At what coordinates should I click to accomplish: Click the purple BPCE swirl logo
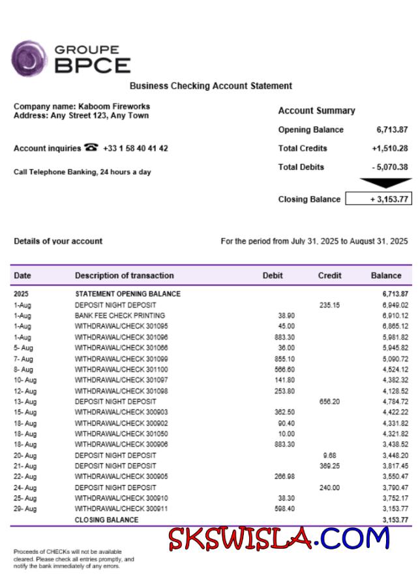pyautogui.click(x=29, y=59)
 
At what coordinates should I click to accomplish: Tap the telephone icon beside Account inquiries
pyautogui.click(x=91, y=148)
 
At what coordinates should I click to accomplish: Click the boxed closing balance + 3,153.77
pyautogui.click(x=379, y=199)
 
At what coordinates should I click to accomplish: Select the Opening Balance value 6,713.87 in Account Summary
pyautogui.click(x=392, y=130)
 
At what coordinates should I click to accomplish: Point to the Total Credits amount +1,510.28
pyautogui.click(x=390, y=149)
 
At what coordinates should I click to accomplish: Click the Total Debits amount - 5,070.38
pyautogui.click(x=390, y=167)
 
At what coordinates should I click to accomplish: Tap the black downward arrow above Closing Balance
pyautogui.click(x=385, y=183)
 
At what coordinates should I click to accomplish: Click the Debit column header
pyautogui.click(x=273, y=276)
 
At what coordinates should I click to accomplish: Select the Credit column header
pyautogui.click(x=329, y=276)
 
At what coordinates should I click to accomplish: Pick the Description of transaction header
pyautogui.click(x=124, y=276)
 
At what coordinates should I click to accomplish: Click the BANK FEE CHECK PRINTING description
pyautogui.click(x=120, y=315)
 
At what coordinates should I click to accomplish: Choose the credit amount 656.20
pyautogui.click(x=329, y=401)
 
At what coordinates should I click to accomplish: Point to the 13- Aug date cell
pyautogui.click(x=25, y=401)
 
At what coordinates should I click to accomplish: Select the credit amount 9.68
pyautogui.click(x=329, y=456)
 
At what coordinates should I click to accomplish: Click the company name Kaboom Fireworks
pyautogui.click(x=114, y=106)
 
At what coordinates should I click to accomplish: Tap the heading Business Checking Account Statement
pyautogui.click(x=211, y=86)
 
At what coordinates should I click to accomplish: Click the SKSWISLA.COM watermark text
pyautogui.click(x=278, y=539)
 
